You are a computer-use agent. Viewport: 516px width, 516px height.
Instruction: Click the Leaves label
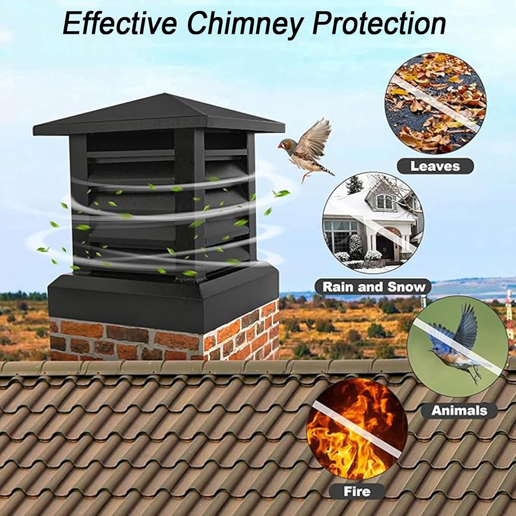(x=435, y=166)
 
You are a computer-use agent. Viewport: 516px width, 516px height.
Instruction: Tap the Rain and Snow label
(x=374, y=287)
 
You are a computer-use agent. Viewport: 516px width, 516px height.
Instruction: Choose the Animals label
(x=459, y=410)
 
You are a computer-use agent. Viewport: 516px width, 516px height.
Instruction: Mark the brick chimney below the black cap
(x=165, y=337)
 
